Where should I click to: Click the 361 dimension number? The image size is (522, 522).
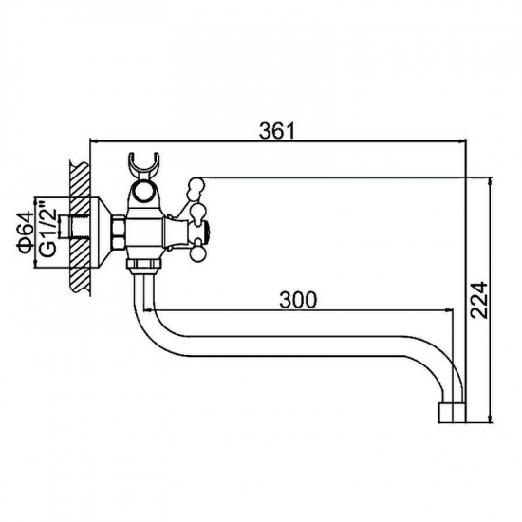tap(277, 131)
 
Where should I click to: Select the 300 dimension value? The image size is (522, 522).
tap(298, 300)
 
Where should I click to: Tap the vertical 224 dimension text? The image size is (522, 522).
tap(479, 300)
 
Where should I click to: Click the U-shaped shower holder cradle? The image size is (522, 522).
tap(144, 165)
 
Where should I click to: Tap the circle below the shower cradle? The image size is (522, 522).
tap(144, 192)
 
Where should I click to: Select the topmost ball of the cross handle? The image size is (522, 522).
tap(196, 184)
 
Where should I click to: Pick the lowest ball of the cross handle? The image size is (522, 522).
tap(196, 255)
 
